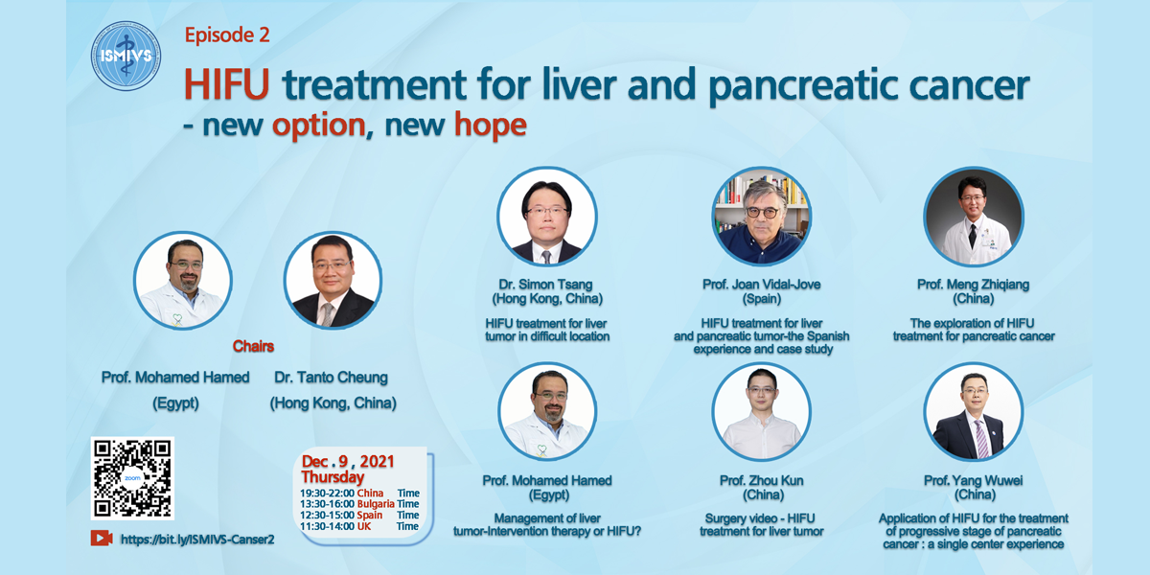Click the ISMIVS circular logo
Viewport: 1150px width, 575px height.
point(126,56)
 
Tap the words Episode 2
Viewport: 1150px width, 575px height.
point(227,34)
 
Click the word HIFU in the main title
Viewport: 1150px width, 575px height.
point(227,84)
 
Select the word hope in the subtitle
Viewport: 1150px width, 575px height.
point(491,126)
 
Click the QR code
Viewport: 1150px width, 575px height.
point(132,478)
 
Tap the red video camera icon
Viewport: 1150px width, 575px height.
point(102,538)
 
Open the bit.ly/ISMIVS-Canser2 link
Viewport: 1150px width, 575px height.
point(197,539)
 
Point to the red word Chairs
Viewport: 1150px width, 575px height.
point(253,347)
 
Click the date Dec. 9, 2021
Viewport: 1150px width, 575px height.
point(348,461)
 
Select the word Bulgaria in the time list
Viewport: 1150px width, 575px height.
point(376,504)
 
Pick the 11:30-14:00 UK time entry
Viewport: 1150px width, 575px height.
point(359,526)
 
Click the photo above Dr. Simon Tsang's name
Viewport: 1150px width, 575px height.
point(547,217)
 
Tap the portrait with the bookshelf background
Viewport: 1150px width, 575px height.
point(762,217)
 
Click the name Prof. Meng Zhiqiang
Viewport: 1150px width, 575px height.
point(974,285)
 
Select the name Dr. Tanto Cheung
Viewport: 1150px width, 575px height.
point(332,378)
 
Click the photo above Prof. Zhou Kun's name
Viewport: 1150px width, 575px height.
point(762,412)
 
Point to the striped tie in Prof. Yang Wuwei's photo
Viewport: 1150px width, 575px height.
point(981,438)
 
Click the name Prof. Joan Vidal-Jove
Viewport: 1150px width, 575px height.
point(762,285)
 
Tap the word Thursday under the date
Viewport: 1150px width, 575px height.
point(333,477)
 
